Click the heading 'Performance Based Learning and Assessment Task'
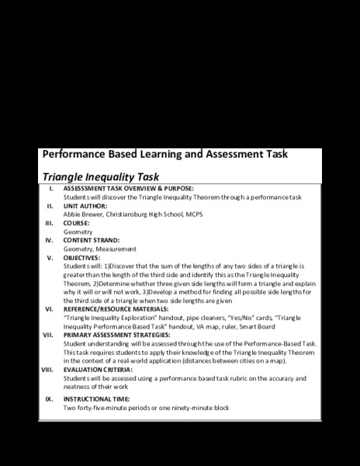point(164,154)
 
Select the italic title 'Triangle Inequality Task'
point(100,177)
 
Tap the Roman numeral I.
point(51,189)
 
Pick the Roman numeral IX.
point(49,398)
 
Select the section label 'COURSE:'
point(78,224)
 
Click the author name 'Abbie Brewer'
point(83,214)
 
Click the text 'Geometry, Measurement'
point(100,249)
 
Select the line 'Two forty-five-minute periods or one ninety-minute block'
point(147,408)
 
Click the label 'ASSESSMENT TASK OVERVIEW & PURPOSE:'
point(128,189)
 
